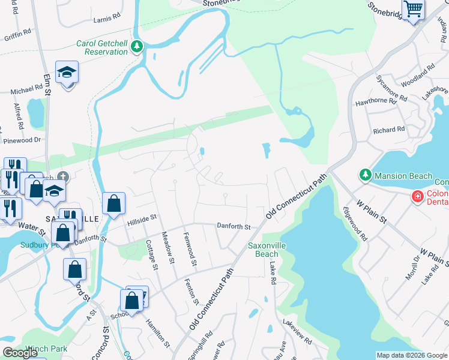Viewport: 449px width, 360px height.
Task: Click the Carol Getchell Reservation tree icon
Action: click(x=137, y=46)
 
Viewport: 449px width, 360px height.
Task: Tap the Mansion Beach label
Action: click(x=403, y=176)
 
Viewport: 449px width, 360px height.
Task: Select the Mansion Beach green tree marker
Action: click(x=365, y=175)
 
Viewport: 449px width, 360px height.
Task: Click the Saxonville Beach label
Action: click(x=263, y=250)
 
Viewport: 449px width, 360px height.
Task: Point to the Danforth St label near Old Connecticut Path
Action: click(x=234, y=226)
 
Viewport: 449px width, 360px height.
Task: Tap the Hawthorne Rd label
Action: click(x=376, y=101)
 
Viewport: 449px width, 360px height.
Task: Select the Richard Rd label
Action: click(x=388, y=130)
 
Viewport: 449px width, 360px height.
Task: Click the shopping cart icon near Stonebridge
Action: click(x=413, y=10)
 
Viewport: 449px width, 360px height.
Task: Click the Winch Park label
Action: click(x=50, y=349)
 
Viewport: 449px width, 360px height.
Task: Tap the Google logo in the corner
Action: click(x=20, y=353)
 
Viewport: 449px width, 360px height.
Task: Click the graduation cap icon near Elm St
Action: click(x=67, y=73)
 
